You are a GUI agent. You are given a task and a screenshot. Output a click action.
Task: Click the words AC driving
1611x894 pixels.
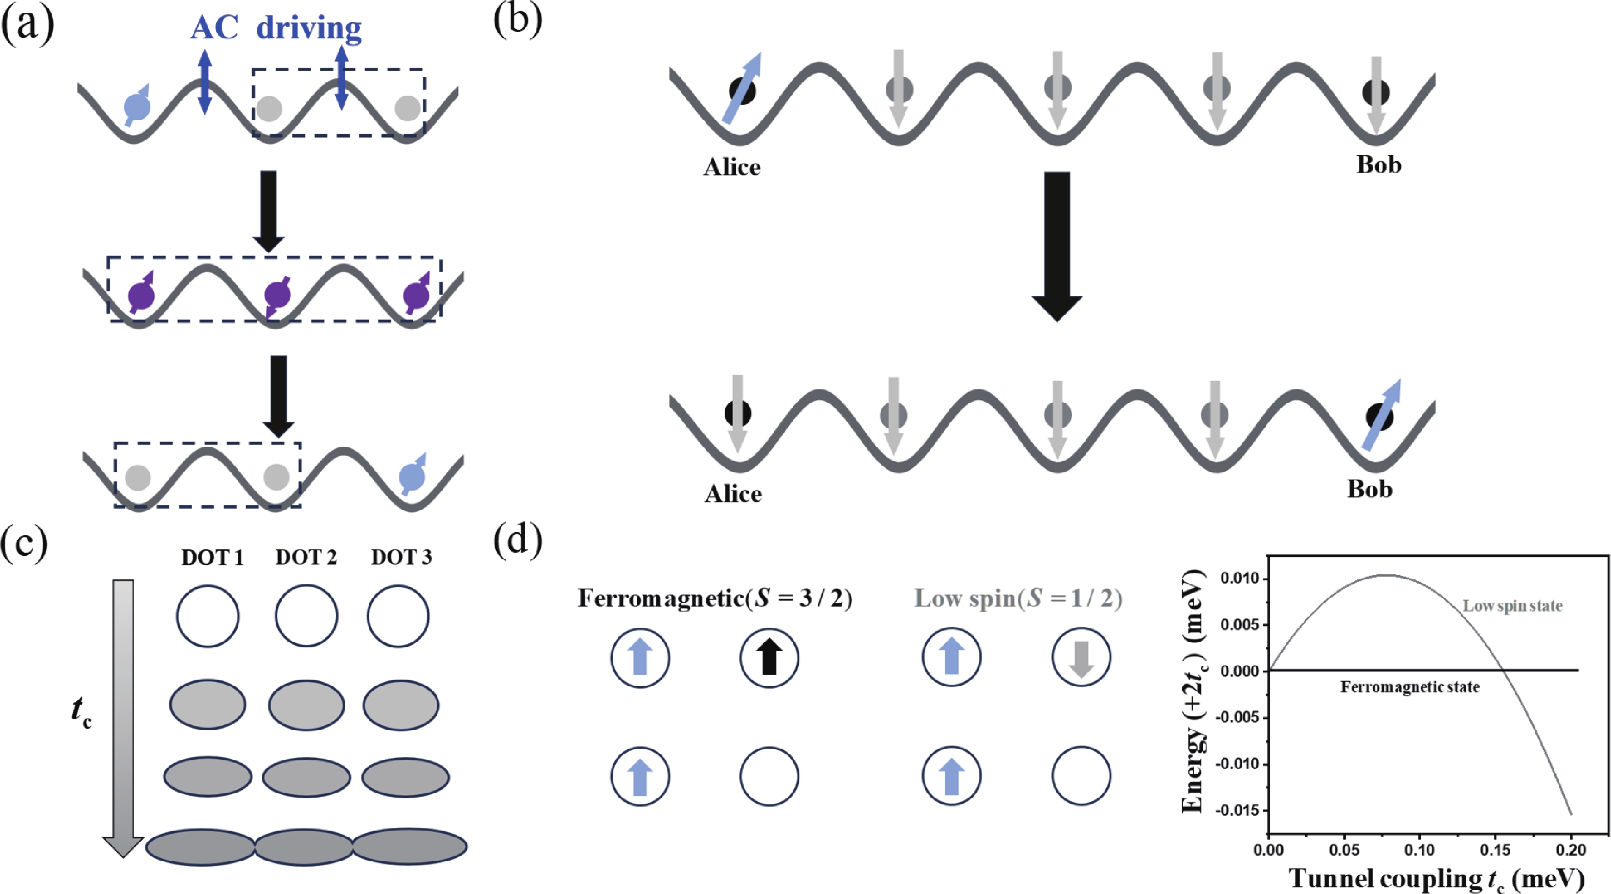pos(276,28)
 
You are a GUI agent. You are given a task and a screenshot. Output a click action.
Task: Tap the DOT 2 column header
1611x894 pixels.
pos(306,557)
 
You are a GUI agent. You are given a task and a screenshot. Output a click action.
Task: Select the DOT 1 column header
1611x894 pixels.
pos(212,557)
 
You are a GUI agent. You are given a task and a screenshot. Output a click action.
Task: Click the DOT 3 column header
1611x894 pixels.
pos(401,557)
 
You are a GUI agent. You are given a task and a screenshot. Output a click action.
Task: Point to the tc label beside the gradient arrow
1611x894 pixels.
pos(81,712)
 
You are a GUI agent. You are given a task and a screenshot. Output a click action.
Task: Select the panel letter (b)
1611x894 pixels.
pos(517,20)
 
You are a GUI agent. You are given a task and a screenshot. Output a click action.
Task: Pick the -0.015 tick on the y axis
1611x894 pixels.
pos(1237,810)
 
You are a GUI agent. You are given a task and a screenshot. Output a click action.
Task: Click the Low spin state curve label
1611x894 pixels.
pos(1512,605)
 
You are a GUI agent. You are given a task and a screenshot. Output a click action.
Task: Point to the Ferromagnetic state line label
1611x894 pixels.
pos(1409,687)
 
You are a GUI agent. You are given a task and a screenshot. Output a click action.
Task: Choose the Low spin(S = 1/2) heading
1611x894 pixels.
pos(1018,599)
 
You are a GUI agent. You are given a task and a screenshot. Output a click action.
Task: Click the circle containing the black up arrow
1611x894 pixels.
pos(769,658)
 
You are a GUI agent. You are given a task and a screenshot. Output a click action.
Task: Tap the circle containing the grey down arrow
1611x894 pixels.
pos(1081,658)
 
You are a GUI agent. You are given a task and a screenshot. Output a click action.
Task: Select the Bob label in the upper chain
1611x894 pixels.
pos(1378,165)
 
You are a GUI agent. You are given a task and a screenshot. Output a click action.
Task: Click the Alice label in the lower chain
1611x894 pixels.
pos(733,494)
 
